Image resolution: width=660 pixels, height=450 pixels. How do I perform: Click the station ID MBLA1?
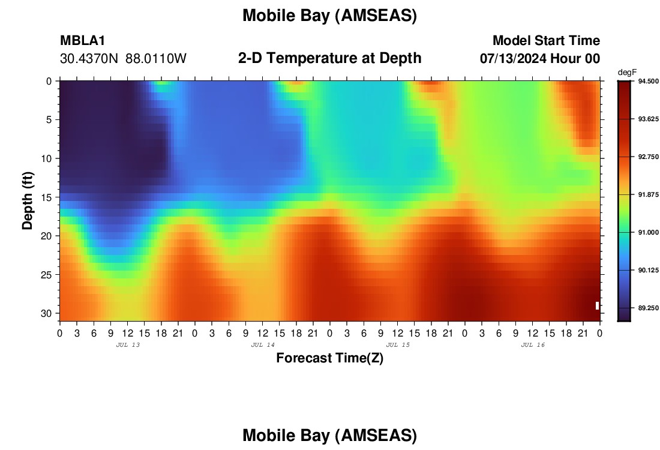pos(83,40)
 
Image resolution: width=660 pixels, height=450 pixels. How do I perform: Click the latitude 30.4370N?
pos(89,59)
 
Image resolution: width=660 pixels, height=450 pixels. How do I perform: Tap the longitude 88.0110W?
pos(156,59)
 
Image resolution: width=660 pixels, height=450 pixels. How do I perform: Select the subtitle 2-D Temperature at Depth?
pos(329,58)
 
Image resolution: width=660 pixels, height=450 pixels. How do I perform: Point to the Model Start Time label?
pos(547,40)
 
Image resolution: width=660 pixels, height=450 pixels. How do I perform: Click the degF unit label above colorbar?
pos(627,73)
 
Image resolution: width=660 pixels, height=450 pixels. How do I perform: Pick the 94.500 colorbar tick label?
pos(648,81)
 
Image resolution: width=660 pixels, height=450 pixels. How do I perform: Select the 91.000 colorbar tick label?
pos(648,232)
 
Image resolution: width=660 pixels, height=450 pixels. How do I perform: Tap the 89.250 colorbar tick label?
pos(648,308)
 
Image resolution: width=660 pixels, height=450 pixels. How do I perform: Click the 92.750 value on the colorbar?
pos(648,157)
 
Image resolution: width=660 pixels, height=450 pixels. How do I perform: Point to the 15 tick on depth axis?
pos(49,197)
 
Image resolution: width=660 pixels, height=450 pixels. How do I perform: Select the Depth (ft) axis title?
pos(28,201)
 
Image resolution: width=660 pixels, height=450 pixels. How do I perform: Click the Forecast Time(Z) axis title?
pos(329,358)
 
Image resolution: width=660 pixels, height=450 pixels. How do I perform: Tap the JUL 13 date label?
pos(128,345)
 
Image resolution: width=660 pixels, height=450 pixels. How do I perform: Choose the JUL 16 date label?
pos(533,345)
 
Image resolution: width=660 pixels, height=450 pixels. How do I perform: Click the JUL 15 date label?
pos(398,345)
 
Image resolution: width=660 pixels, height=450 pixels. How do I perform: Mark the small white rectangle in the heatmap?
pos(597,305)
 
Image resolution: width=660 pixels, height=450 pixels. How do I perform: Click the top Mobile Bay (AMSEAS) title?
pos(329,16)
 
